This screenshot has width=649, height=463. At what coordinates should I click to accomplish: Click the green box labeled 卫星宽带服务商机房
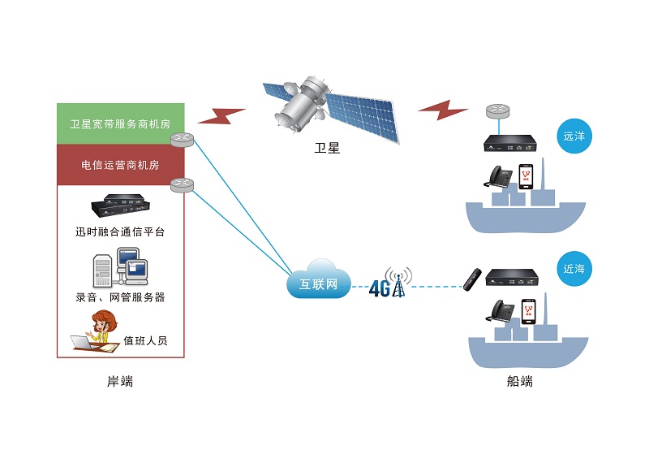point(120,124)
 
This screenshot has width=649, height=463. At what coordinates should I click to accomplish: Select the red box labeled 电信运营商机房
point(120,165)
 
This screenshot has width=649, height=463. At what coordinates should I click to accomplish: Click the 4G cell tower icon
point(397,283)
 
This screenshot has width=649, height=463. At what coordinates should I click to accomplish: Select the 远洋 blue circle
point(574,136)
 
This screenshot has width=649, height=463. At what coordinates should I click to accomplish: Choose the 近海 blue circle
point(574,269)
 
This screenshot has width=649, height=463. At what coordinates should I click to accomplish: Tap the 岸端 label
point(120,381)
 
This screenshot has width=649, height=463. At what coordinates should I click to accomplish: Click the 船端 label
point(520,381)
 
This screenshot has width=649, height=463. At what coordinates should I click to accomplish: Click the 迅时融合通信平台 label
point(120,232)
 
